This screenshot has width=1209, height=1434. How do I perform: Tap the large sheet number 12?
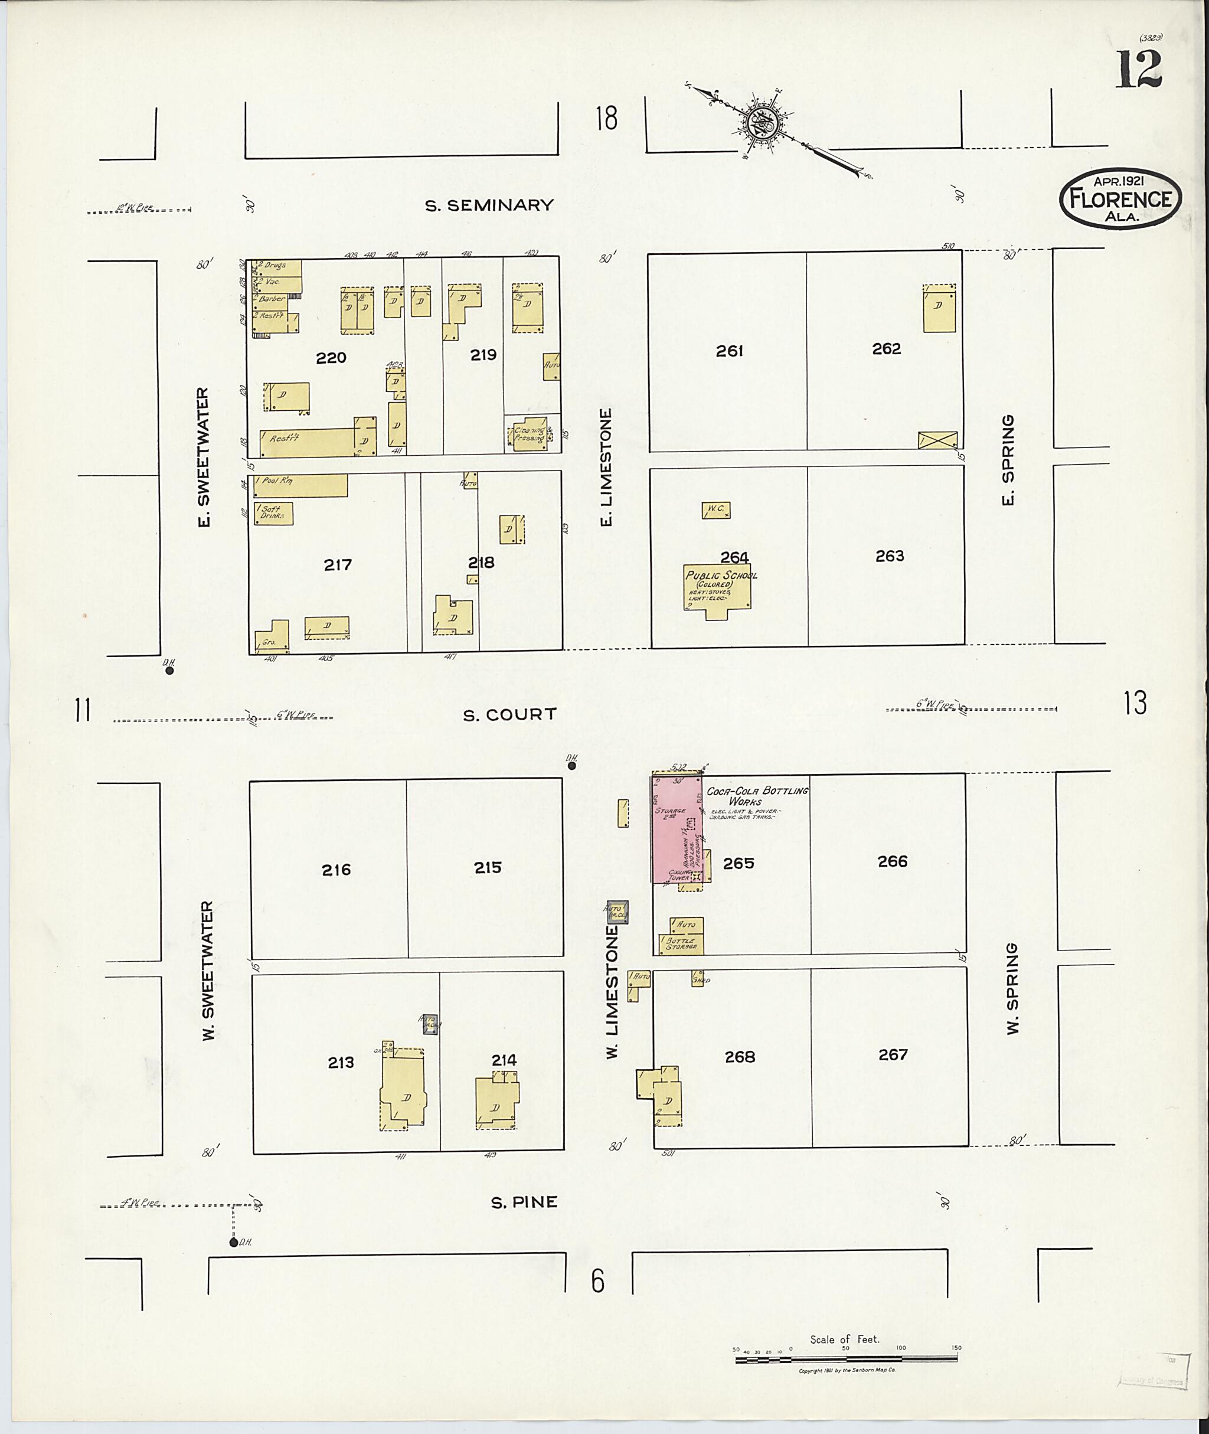point(1140,69)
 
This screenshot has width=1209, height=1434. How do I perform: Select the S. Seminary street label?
point(489,205)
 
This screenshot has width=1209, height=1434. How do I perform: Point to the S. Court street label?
point(509,715)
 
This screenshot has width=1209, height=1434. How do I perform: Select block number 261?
point(729,351)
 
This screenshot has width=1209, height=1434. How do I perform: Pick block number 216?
point(336,870)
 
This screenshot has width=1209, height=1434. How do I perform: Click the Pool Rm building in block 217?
point(300,485)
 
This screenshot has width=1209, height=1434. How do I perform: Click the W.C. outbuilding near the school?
point(715,510)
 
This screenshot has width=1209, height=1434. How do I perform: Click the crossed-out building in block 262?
point(937,439)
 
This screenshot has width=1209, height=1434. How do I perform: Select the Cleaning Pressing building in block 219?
point(530,434)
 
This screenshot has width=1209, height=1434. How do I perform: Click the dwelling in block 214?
point(497,1103)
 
